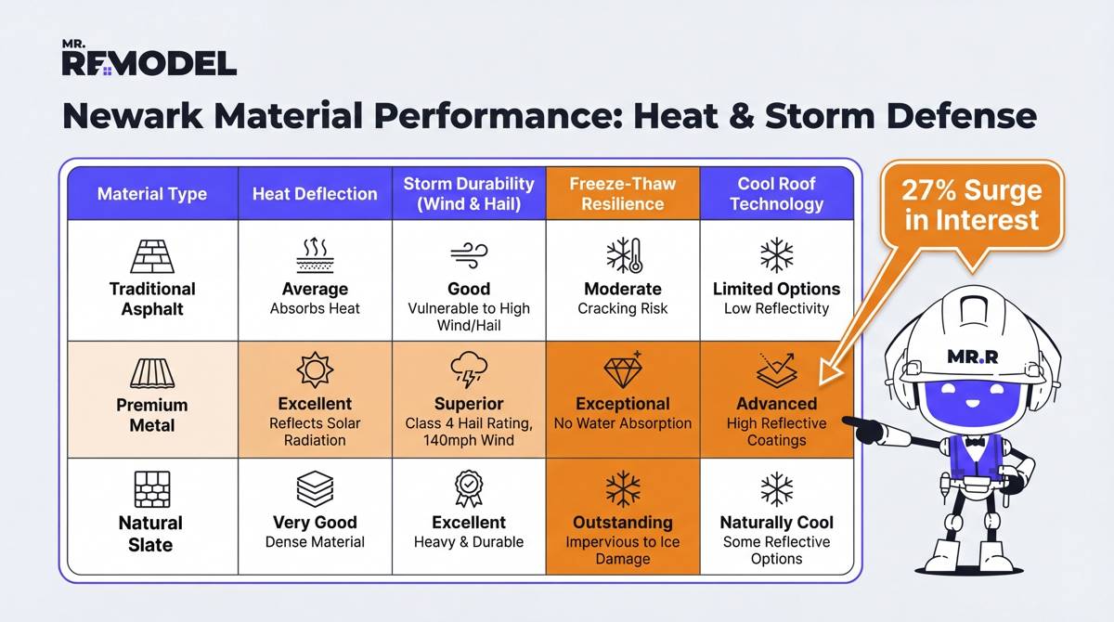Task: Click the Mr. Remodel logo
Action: click(149, 58)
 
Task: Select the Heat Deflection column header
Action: click(315, 194)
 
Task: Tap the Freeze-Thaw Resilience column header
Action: click(623, 193)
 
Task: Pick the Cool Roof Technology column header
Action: click(776, 193)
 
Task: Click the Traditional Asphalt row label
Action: click(152, 298)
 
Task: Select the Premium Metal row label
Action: click(152, 415)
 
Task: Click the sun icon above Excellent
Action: click(315, 370)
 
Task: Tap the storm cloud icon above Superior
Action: click(469, 370)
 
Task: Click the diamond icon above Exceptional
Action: click(622, 369)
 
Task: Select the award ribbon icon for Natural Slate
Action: click(469, 487)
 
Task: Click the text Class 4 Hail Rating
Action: click(469, 423)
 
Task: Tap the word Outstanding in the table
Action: click(622, 522)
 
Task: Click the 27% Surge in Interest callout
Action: click(971, 206)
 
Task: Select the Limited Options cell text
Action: click(776, 289)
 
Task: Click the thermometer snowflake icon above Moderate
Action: click(622, 254)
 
